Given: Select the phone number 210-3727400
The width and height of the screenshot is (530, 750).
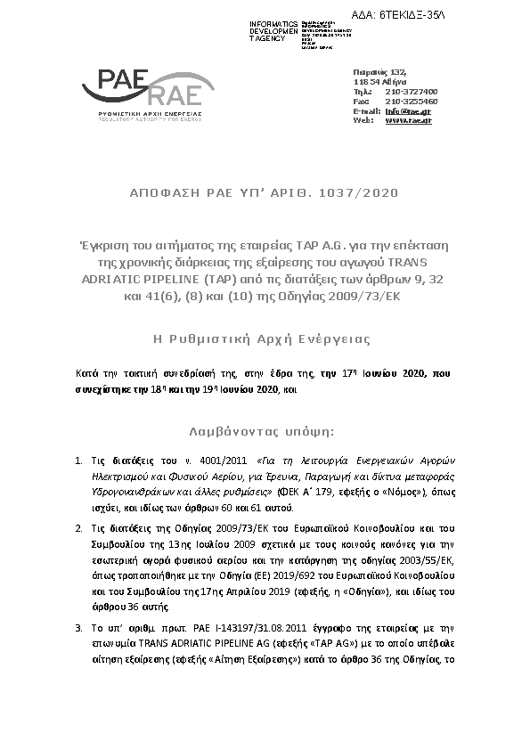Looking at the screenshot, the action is click(x=411, y=91).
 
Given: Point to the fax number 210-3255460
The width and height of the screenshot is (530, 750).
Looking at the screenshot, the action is click(x=411, y=101).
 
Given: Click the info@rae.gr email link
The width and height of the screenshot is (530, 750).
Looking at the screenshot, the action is click(x=408, y=110).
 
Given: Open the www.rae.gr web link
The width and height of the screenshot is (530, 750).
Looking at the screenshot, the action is click(x=408, y=120).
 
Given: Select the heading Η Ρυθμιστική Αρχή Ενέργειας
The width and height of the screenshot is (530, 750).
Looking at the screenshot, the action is click(x=264, y=339).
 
